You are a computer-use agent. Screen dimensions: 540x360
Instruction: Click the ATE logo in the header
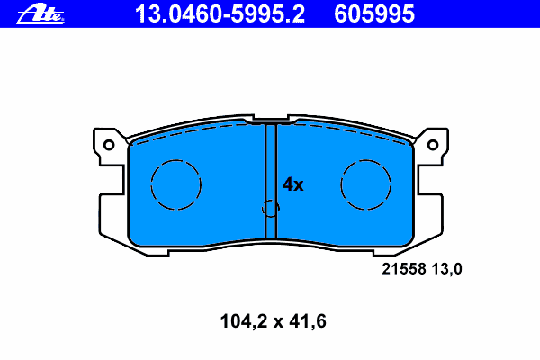[40, 14]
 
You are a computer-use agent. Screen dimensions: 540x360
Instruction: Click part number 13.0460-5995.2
[220, 14]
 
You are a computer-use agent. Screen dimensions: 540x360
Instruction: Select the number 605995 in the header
[374, 14]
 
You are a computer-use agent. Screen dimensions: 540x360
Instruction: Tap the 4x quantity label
[293, 184]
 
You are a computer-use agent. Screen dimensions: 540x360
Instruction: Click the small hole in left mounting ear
[109, 145]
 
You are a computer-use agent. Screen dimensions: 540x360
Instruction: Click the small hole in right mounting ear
[433, 145]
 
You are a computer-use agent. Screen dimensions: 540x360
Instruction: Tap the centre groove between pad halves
[271, 181]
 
